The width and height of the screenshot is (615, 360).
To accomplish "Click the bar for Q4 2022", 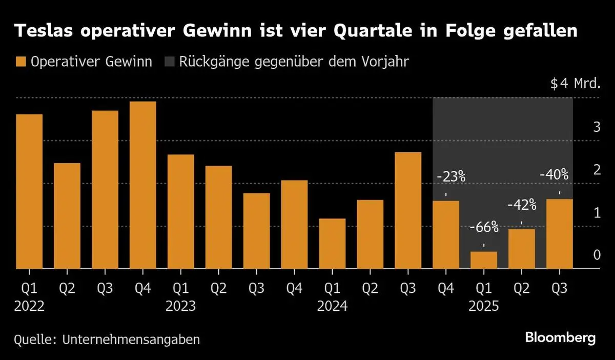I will pyautogui.click(x=143, y=185).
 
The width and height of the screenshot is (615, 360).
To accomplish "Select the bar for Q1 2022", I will pyautogui.click(x=29, y=191).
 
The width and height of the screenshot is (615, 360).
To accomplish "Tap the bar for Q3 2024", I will pyautogui.click(x=408, y=210).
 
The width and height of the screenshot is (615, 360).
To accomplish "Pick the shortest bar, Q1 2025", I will pyautogui.click(x=484, y=259).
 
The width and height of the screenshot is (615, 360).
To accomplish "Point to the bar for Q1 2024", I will pyautogui.click(x=332, y=243).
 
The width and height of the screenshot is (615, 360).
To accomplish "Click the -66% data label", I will pyautogui.click(x=484, y=227).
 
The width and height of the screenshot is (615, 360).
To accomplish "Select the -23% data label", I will pyautogui.click(x=451, y=177).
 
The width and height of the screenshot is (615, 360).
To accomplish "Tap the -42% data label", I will pyautogui.click(x=522, y=206).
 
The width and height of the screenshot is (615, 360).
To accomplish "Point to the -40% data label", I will pyautogui.click(x=554, y=175).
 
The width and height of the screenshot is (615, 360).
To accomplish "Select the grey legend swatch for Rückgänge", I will pyautogui.click(x=169, y=63).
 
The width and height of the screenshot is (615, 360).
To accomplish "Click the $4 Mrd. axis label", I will pyautogui.click(x=575, y=84).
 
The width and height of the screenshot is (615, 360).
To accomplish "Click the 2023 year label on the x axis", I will pyautogui.click(x=180, y=306).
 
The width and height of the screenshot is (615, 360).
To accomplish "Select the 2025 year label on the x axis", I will pyautogui.click(x=484, y=306).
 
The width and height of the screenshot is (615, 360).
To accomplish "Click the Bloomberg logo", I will pyautogui.click(x=561, y=338).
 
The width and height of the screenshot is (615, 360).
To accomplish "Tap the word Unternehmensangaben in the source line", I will pyautogui.click(x=132, y=339).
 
